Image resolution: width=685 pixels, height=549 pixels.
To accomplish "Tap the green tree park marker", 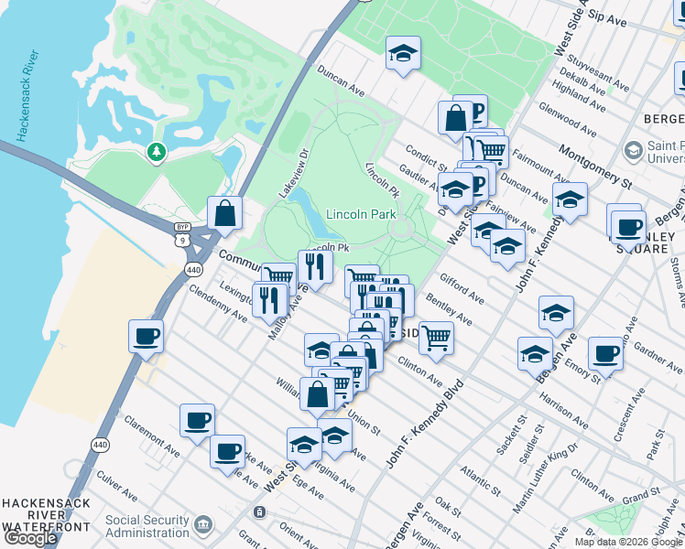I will (x=157, y=151).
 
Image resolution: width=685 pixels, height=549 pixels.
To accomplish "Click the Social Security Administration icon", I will (x=203, y=524).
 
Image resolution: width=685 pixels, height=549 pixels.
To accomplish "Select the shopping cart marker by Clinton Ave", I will (x=436, y=336).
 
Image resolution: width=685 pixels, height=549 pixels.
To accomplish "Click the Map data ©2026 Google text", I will (x=628, y=542).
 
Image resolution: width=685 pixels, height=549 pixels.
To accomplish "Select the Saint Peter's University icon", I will (x=632, y=150).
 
